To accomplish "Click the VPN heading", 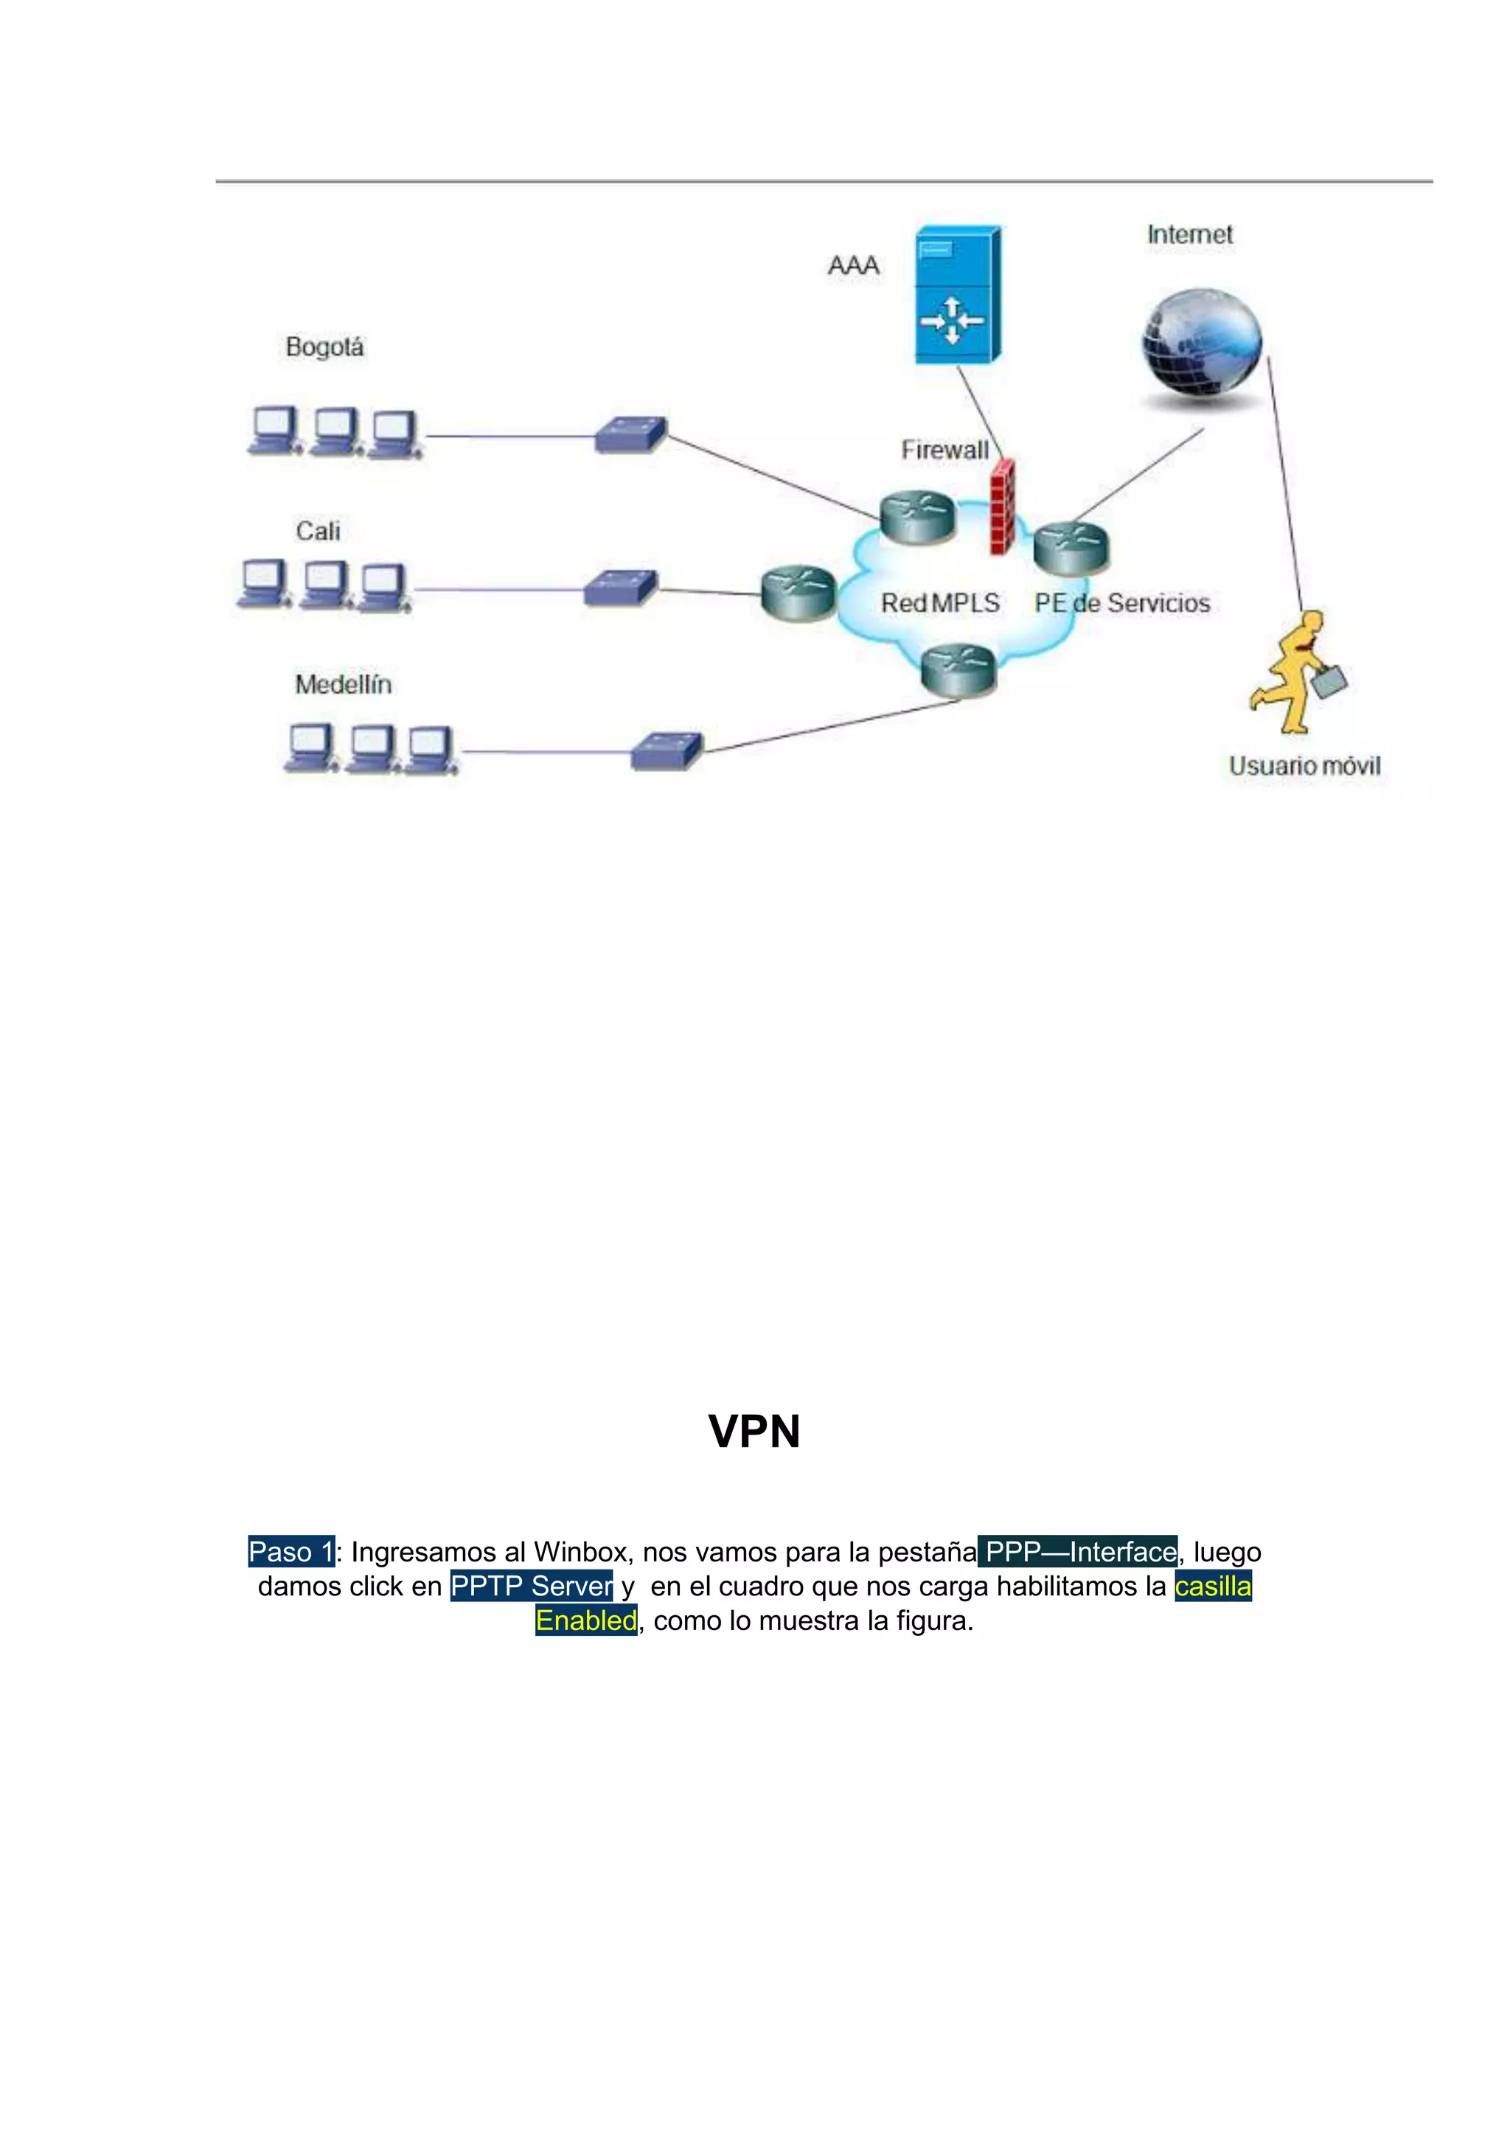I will point(754,1432).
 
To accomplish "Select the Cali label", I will point(318,531).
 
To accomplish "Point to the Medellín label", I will point(343,684).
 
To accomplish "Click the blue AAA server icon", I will point(957,296).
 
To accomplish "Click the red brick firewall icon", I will point(1001,506).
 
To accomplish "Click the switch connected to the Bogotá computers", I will point(630,434).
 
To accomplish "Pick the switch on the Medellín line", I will point(667,750).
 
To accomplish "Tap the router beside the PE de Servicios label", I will point(1071,548).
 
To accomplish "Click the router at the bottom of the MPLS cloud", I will point(958,669).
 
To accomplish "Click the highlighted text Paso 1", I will point(291,1552).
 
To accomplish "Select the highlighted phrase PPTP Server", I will point(531,1587).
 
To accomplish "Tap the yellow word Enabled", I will point(585,1620).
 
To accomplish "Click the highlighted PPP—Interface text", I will point(1079,1552).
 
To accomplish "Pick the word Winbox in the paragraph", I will point(580,1552).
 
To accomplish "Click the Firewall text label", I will point(944,450).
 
